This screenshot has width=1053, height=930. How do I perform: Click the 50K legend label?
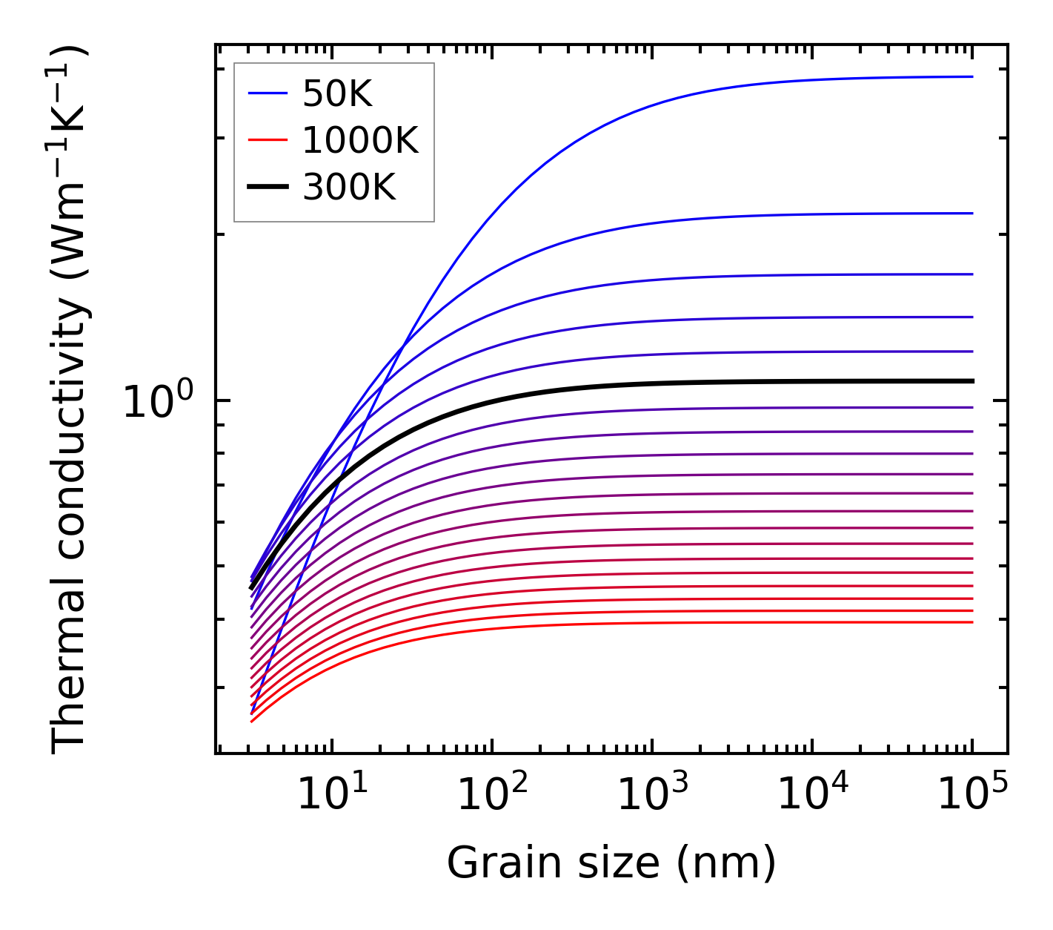pos(337,94)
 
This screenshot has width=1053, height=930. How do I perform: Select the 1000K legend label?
pos(360,140)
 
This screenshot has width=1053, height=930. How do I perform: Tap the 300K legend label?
pos(349,188)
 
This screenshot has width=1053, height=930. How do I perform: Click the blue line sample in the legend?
pos(267,93)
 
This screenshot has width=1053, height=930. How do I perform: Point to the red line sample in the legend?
pos(267,140)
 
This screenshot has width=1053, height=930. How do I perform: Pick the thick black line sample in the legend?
pos(267,188)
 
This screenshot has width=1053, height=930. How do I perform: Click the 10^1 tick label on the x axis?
pos(331,797)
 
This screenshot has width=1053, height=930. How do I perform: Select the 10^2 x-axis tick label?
pos(492,797)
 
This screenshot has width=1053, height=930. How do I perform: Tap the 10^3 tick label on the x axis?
pos(652,797)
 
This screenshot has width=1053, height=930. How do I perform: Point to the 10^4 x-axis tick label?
pos(812,797)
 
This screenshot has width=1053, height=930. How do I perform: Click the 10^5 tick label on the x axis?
pos(972,797)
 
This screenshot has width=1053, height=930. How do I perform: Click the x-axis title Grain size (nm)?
pos(611,863)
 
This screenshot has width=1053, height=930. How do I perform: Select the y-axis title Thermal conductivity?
pos(70,400)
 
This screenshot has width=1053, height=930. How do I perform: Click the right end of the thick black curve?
pos(971,381)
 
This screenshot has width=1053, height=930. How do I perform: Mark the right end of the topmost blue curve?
pos(971,76)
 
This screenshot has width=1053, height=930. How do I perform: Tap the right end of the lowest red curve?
pos(971,622)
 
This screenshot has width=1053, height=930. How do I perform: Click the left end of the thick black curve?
pos(252,588)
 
